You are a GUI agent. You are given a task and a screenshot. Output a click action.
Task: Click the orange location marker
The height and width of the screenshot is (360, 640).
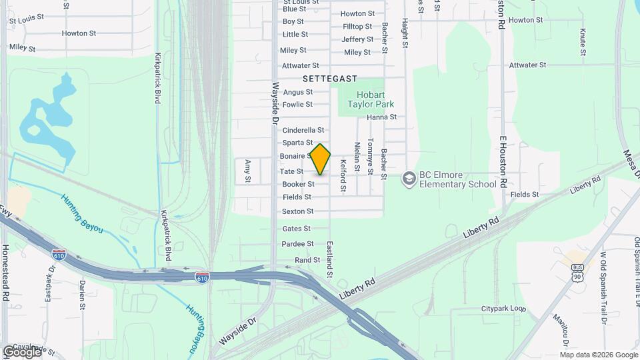(x=321, y=159)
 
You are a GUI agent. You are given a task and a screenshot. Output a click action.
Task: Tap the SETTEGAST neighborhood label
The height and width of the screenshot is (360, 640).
(x=330, y=78)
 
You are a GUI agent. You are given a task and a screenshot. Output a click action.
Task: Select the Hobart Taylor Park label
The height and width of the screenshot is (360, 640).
(x=375, y=99)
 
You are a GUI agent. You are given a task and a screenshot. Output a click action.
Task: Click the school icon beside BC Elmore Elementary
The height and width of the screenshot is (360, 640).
(x=408, y=178)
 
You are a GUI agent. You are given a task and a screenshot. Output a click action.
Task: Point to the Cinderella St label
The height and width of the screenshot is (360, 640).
(x=303, y=130)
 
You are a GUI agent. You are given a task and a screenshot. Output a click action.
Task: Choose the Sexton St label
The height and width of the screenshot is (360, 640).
(x=297, y=211)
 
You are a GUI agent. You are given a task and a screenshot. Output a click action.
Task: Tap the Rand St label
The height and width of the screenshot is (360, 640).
(x=307, y=259)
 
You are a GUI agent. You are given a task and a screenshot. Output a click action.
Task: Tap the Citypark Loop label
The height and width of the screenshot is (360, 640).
(x=504, y=309)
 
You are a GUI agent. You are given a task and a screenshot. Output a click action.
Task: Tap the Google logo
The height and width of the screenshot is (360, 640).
(x=21, y=351)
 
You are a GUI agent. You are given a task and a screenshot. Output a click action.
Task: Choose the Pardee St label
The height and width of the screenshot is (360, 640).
(x=297, y=244)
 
